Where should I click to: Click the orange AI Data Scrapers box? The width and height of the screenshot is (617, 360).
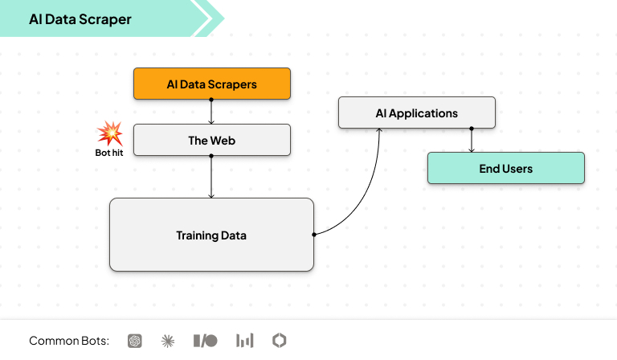(x=211, y=84)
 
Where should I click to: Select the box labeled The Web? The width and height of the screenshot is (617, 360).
(x=211, y=140)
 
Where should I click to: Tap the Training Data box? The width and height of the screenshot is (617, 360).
(x=211, y=235)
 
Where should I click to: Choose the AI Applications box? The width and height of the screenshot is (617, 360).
(x=416, y=112)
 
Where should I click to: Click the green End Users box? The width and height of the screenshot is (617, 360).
(x=505, y=168)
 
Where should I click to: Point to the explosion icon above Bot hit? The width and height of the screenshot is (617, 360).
(x=108, y=133)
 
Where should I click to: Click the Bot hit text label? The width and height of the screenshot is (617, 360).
(x=108, y=151)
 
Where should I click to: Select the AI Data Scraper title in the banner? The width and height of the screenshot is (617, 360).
(x=80, y=18)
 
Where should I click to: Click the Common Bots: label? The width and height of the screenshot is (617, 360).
(x=69, y=341)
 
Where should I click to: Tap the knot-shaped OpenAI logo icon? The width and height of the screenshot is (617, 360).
(x=134, y=341)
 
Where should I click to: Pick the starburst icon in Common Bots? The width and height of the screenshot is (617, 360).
(x=168, y=341)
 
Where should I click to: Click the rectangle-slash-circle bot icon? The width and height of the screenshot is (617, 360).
(x=205, y=341)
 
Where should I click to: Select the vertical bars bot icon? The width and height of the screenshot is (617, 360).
(x=244, y=341)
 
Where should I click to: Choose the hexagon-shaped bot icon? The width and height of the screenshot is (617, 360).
(x=279, y=341)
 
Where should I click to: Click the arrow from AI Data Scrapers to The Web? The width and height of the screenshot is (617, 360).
(x=211, y=112)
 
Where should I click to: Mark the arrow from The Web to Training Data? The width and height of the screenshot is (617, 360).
(x=211, y=177)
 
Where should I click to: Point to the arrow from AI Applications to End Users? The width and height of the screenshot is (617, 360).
(x=472, y=141)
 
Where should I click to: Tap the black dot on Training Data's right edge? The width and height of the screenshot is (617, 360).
(x=313, y=235)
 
